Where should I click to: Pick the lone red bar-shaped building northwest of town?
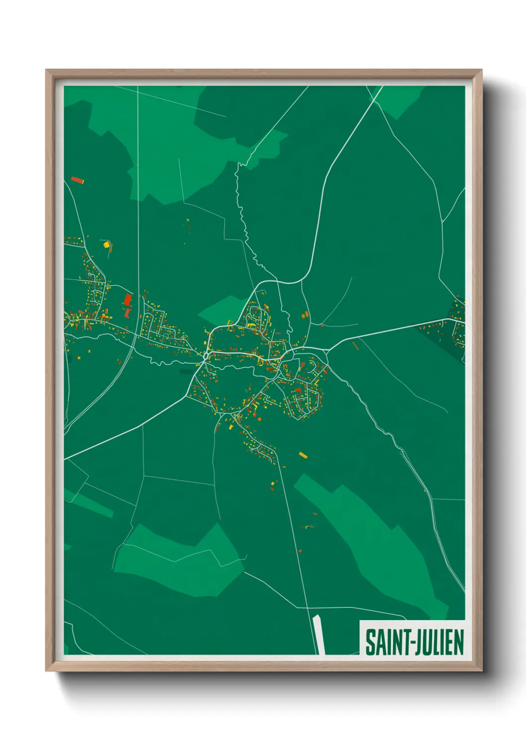tap(77, 180)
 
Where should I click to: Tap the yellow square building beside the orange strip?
tap(105, 244)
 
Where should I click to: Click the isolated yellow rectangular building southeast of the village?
tap(303, 455)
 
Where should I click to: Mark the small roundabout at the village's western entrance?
tap(206, 356)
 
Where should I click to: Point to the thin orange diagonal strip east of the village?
tap(355, 345)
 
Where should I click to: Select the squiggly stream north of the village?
tap(244, 219)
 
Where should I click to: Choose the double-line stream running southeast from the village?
tap(378, 418)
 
